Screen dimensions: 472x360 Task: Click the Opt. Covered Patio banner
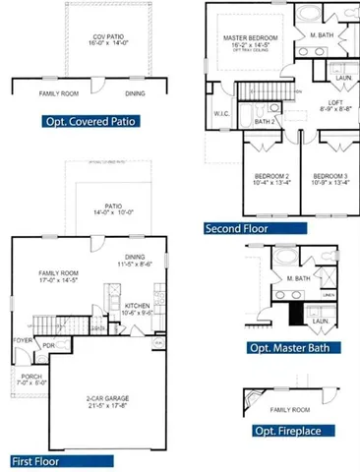click(90, 123)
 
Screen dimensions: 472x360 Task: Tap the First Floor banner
click(41, 460)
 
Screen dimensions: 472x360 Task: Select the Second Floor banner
click(237, 228)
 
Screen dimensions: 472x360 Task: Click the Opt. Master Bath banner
click(293, 348)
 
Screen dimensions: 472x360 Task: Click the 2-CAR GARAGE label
click(108, 398)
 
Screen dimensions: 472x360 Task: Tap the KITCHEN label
click(137, 306)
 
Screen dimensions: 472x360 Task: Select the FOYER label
click(22, 341)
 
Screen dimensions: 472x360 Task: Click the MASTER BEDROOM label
click(246, 37)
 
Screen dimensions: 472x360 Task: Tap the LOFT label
click(335, 102)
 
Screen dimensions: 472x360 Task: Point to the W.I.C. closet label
click(221, 113)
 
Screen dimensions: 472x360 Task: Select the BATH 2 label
click(264, 122)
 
